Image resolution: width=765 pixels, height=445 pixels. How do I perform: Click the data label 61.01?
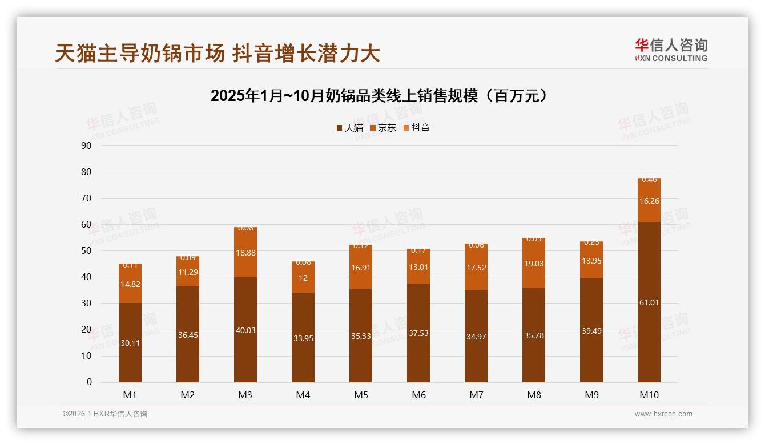coord(649,303)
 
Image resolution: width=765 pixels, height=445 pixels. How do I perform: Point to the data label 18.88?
coord(245,253)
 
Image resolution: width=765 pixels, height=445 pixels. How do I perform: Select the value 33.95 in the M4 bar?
coord(303,338)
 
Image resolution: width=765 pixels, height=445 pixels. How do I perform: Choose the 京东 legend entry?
coord(382,128)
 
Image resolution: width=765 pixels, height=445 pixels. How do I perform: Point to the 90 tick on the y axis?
coord(87,145)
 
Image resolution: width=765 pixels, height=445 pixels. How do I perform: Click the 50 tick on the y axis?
coord(87,251)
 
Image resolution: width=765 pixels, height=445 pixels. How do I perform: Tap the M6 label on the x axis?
coord(418,395)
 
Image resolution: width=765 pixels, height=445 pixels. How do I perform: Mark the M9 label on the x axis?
coord(591,395)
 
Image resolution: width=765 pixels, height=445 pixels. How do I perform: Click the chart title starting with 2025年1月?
coord(381,96)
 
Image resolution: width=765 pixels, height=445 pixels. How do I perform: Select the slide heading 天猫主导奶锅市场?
coord(218,54)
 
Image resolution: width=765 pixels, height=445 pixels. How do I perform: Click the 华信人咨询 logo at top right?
coord(671,50)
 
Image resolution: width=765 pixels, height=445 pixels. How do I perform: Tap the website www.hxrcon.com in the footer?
coord(663,414)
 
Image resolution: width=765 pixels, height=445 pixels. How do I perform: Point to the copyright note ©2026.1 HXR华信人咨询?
coord(105,414)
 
